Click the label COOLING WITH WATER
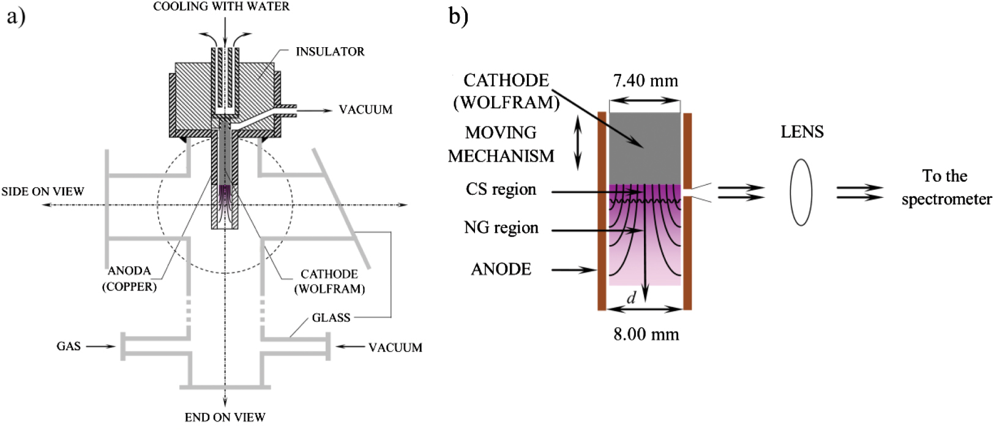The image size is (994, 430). tap(221, 7)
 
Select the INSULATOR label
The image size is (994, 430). tap(330, 52)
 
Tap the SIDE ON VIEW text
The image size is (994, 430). tap(42, 192)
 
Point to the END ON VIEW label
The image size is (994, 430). tap(225, 418)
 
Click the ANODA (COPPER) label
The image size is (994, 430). tap(129, 279)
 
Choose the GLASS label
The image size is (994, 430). tap(331, 318)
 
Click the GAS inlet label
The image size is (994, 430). tap(69, 347)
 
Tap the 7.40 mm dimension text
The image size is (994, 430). tap(646, 81)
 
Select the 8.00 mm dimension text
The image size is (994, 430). tap(646, 334)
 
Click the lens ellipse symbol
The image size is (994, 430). tap(801, 192)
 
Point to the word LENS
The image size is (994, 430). tap(802, 132)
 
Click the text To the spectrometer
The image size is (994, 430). tap(946, 187)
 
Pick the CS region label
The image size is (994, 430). tap(501, 190)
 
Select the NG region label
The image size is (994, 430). tap(501, 228)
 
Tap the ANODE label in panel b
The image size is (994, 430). tap(501, 270)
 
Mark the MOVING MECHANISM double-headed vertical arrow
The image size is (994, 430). tap(577, 144)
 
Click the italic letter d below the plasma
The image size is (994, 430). tap(631, 298)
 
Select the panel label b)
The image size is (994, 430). tap(458, 15)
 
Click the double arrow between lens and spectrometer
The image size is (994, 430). tap(860, 192)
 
